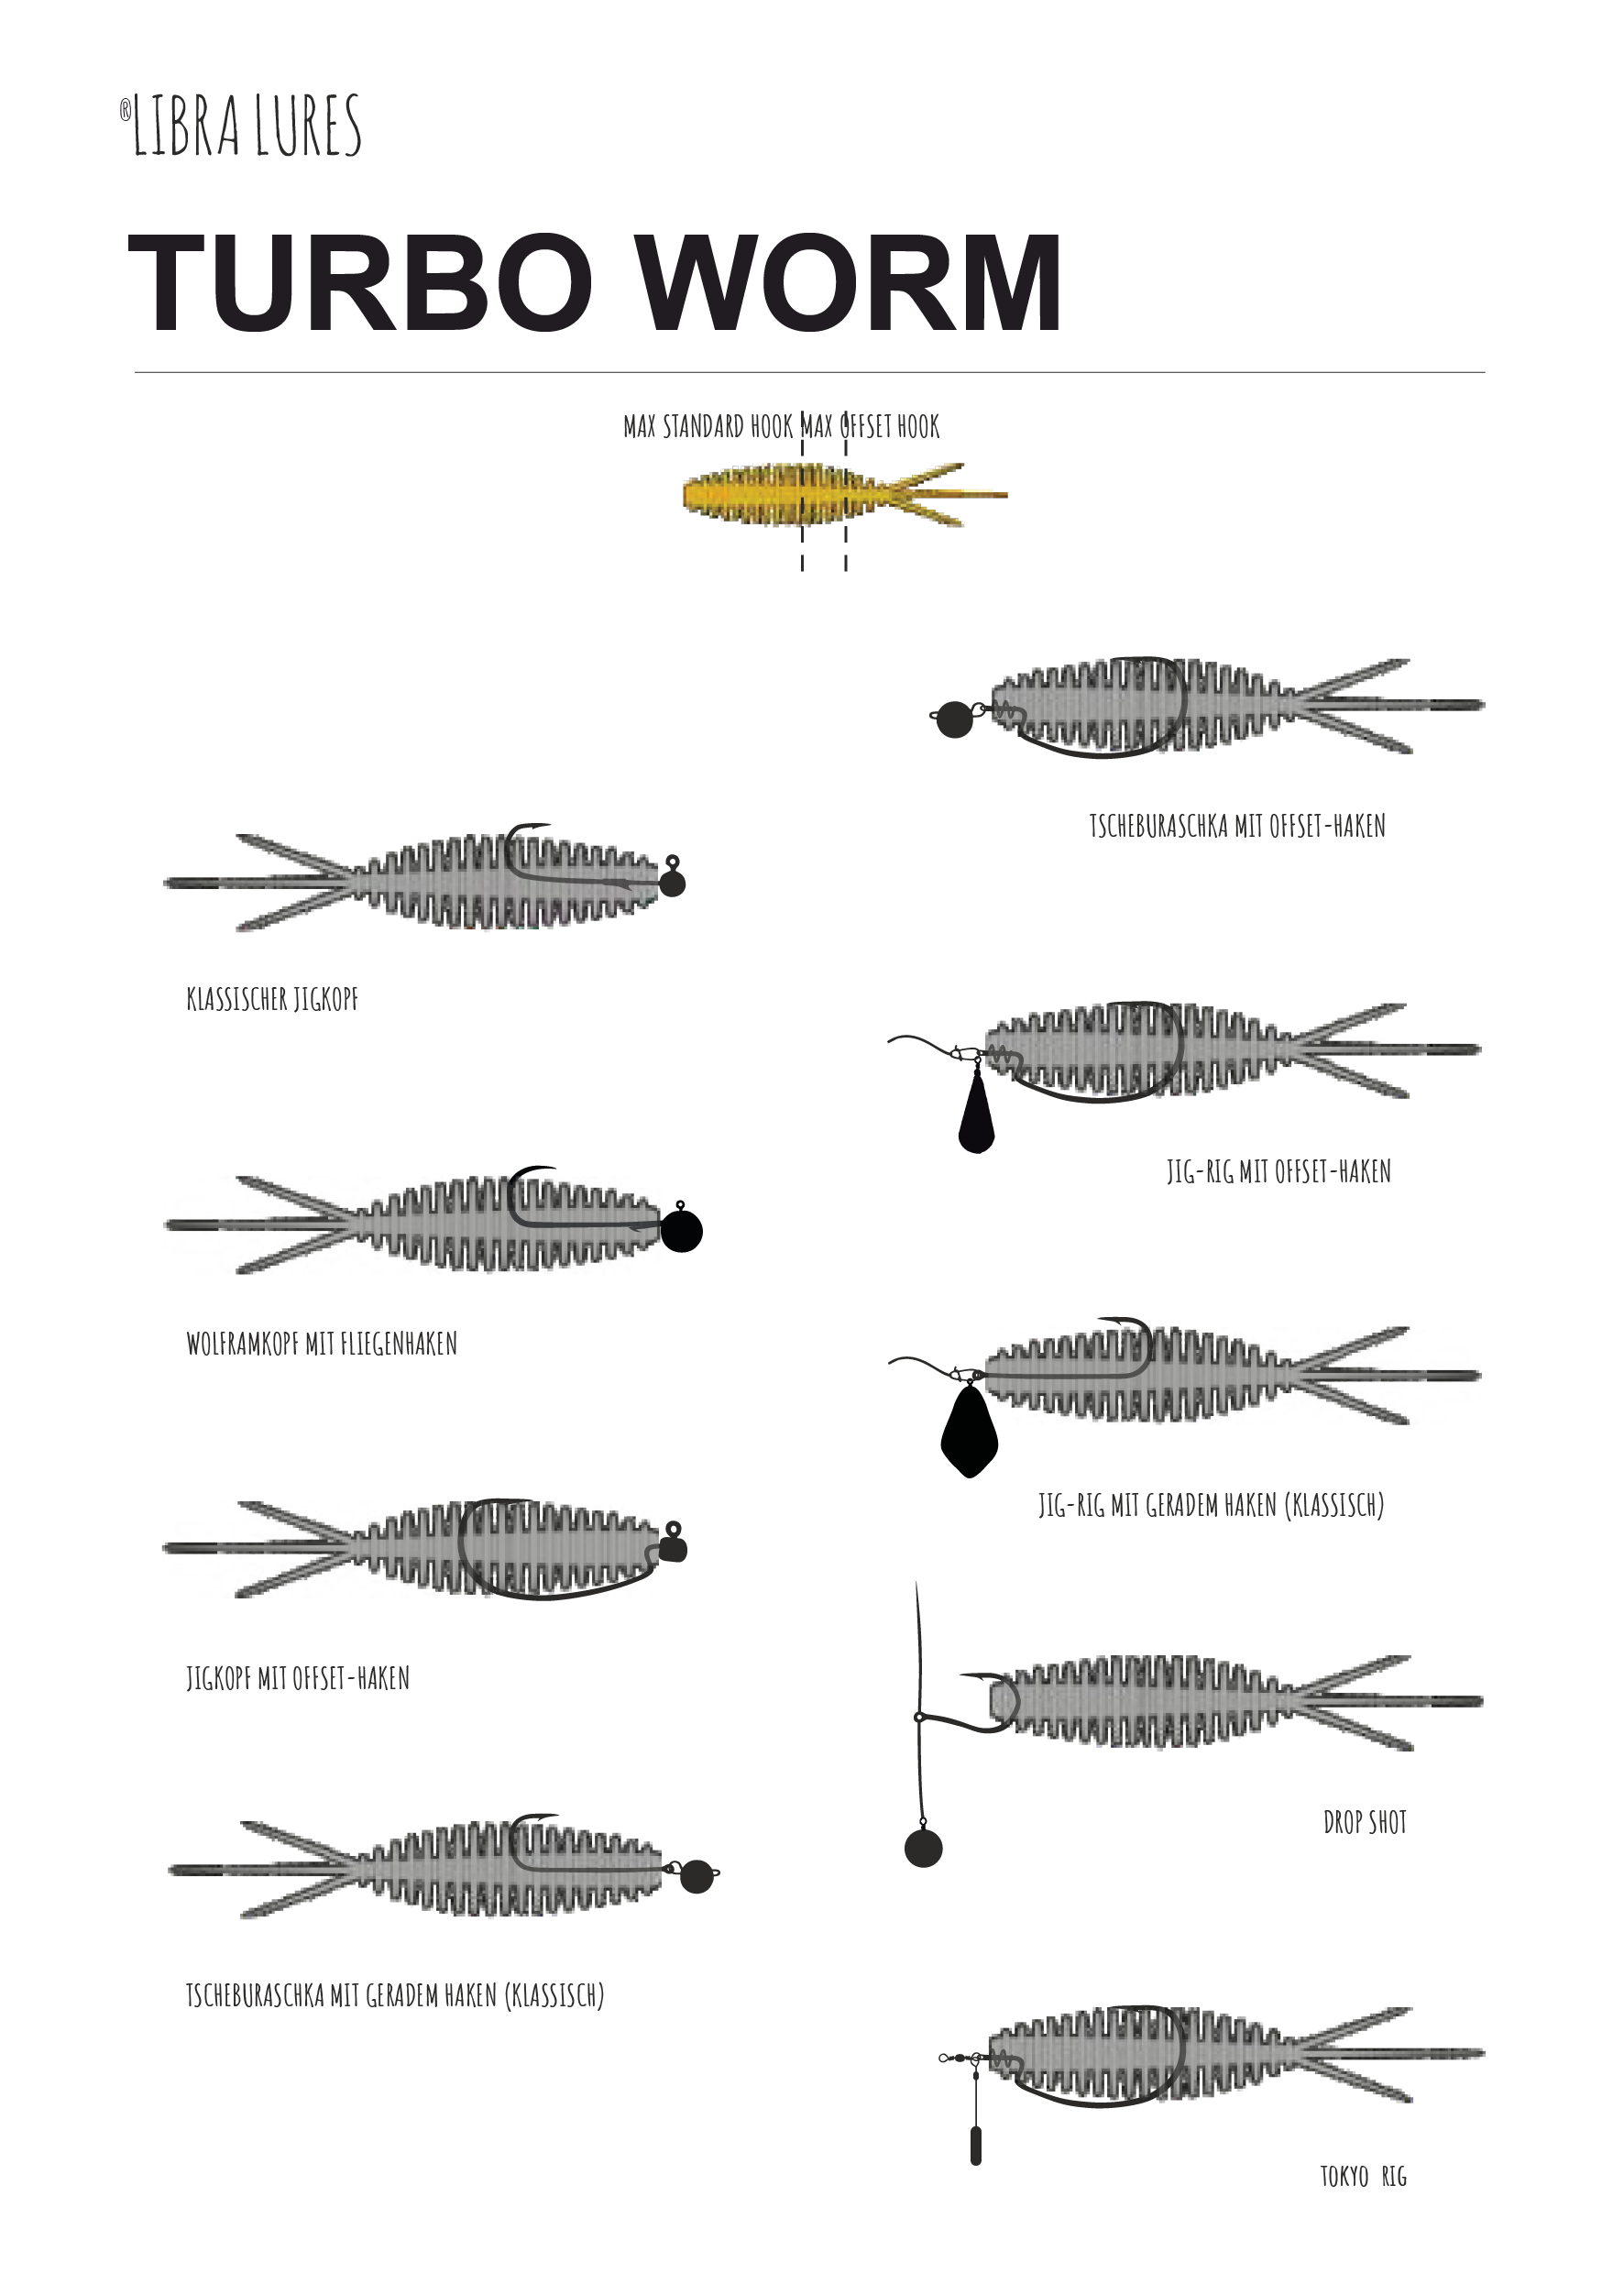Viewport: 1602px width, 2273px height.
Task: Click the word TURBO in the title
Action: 360,283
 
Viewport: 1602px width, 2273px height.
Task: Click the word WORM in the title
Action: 850,283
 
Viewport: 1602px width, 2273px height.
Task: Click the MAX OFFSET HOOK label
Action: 871,427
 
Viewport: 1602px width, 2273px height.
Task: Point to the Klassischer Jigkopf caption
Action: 272,999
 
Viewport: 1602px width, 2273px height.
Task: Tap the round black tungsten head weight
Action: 681,1232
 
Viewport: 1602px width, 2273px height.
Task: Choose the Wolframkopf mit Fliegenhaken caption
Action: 322,1344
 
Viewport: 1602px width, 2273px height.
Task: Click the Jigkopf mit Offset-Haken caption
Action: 298,1678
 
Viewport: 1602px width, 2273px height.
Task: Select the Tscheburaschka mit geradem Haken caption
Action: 395,1994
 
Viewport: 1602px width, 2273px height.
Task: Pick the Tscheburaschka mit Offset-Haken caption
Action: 1237,826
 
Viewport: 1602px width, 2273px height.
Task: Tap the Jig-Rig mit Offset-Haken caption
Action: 1279,1171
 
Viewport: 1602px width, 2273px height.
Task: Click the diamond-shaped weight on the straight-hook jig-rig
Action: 970,1431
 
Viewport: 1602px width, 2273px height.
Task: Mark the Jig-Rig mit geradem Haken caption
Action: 1211,1506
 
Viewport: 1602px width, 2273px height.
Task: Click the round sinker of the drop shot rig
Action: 924,1849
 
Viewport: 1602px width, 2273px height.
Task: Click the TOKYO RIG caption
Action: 1364,2176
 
